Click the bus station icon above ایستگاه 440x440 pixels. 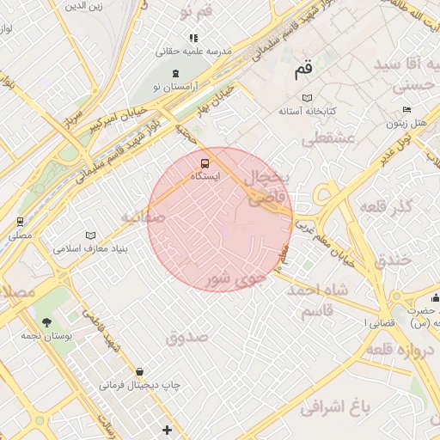[x=205, y=162]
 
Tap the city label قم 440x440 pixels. [x=304, y=71]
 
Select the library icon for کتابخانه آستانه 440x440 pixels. [x=308, y=98]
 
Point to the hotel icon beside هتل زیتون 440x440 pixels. [x=406, y=110]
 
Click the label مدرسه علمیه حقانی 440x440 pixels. [x=193, y=52]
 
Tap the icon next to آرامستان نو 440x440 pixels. [x=176, y=74]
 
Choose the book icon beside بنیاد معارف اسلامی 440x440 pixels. [x=90, y=235]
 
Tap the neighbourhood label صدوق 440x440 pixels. [x=186, y=337]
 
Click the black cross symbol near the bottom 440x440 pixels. [x=167, y=429]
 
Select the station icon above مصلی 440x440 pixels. [x=20, y=221]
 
